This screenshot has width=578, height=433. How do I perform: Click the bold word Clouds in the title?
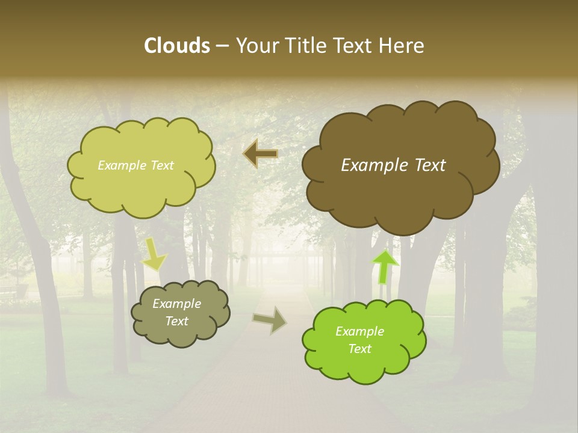pyautogui.click(x=176, y=46)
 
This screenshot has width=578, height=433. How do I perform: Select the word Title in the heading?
pyautogui.click(x=305, y=46)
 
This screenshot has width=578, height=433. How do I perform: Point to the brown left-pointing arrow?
pyautogui.click(x=260, y=154)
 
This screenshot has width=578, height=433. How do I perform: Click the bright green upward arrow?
pyautogui.click(x=385, y=266)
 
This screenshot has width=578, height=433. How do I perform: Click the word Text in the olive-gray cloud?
pyautogui.click(x=176, y=321)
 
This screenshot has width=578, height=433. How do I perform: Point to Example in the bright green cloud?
pyautogui.click(x=359, y=331)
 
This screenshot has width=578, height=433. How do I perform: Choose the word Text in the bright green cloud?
pyautogui.click(x=359, y=349)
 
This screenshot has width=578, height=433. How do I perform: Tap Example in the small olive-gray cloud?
pyautogui.click(x=176, y=304)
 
